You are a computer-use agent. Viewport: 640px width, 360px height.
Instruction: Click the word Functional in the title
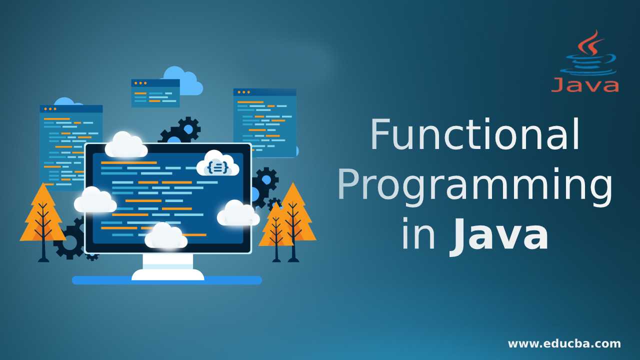click(475, 135)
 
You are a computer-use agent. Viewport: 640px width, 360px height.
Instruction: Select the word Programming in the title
click(475, 186)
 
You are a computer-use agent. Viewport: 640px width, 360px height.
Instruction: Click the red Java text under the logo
click(584, 84)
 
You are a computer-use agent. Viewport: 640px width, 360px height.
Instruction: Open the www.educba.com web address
click(564, 343)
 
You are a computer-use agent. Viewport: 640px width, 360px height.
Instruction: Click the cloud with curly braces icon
click(217, 164)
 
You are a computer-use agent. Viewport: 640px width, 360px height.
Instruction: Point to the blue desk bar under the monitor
click(166, 280)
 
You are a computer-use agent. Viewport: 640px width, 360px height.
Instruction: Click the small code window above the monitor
click(155, 93)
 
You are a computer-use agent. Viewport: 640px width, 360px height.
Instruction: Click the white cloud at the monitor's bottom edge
click(165, 236)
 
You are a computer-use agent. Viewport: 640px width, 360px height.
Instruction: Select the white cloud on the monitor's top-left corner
click(126, 145)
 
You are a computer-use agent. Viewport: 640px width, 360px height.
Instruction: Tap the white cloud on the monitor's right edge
click(238, 214)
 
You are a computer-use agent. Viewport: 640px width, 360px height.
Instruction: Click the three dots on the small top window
click(140, 83)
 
